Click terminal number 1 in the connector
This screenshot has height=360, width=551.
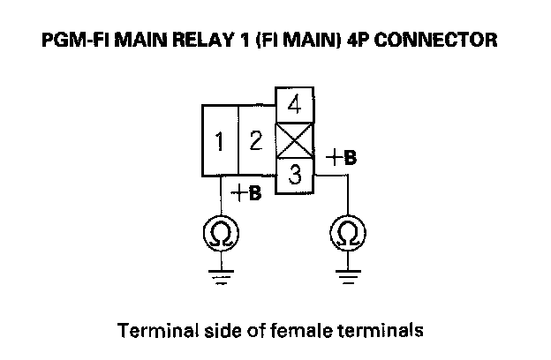(x=220, y=140)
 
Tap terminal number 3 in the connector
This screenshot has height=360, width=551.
(x=296, y=175)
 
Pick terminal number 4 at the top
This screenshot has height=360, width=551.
(x=296, y=105)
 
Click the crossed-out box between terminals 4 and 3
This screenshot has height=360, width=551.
(x=296, y=139)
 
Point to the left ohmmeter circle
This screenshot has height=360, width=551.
(x=221, y=235)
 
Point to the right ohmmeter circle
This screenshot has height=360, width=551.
(x=348, y=235)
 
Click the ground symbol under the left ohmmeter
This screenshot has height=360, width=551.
(x=221, y=279)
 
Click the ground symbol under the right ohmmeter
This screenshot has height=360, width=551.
(x=348, y=279)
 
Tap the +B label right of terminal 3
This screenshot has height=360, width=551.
(x=342, y=159)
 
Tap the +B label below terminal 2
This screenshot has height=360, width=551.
(x=246, y=192)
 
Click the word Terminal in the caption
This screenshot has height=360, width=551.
(x=152, y=332)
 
